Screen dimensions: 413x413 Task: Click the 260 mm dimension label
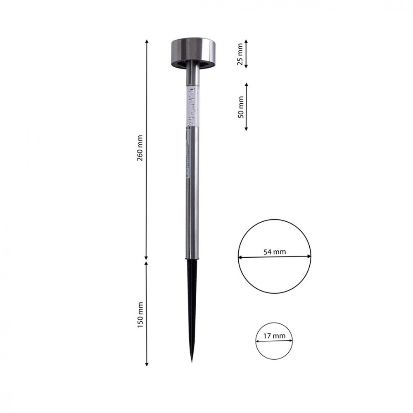pos(140,148)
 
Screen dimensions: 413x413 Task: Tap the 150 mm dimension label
pos(140,315)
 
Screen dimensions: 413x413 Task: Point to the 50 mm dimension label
pos(241,107)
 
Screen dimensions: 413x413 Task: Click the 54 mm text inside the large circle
pos(275,252)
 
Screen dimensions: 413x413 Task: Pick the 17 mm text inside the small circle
pos(274,336)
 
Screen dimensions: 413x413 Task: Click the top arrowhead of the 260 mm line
pos(147,41)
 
